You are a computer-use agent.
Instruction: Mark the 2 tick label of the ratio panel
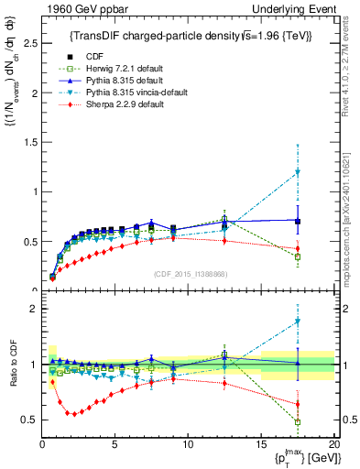tap(34, 309)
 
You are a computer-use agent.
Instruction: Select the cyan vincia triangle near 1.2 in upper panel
tap(297, 172)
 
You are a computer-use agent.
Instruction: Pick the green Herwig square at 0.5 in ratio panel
tap(297, 422)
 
